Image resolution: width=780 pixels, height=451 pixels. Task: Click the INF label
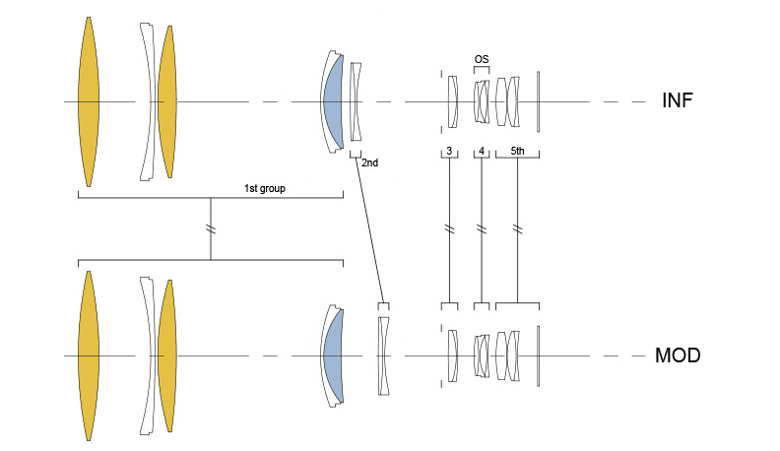tap(677, 100)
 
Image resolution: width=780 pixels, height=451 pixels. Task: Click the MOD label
tap(678, 355)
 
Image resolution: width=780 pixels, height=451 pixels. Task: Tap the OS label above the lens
tap(481, 59)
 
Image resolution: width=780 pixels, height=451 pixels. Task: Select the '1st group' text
tap(265, 188)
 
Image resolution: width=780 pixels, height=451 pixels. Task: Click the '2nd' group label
tap(369, 162)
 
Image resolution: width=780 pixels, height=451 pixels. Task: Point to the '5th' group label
tap(517, 151)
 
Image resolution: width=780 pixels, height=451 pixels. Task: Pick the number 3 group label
tap(449, 151)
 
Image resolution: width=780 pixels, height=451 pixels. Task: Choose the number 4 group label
tap(482, 151)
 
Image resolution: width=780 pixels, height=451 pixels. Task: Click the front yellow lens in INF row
tap(89, 102)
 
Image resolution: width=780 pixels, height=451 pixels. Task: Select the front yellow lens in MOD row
tap(89, 356)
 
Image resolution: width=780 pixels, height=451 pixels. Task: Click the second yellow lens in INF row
tap(167, 102)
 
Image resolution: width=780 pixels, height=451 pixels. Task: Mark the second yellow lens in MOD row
tap(167, 356)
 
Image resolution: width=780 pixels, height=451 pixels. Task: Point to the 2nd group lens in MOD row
tap(383, 356)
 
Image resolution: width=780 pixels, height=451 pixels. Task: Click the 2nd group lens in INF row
tap(356, 102)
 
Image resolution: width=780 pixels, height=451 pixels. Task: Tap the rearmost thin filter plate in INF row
tap(539, 102)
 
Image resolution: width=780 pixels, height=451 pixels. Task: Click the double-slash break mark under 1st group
tap(211, 229)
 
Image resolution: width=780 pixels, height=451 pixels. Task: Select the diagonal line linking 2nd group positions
tap(369, 230)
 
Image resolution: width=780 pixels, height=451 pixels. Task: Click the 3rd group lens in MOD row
tap(453, 356)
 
